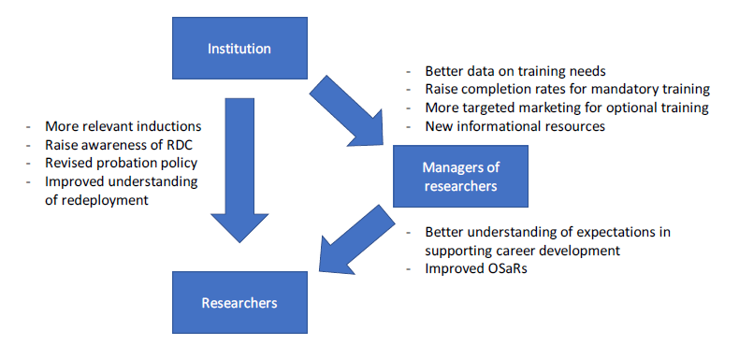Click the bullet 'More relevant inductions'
tap(123, 125)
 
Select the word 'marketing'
tap(545, 108)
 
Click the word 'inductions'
tap(167, 125)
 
